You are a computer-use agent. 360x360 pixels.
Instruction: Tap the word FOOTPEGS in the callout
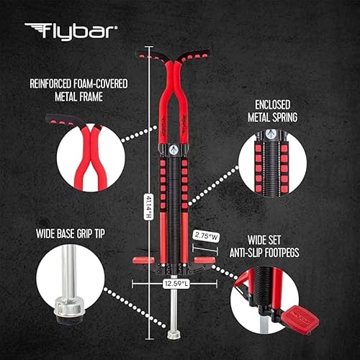tap(314, 253)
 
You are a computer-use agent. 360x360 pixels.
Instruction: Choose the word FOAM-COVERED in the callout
tap(99, 84)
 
